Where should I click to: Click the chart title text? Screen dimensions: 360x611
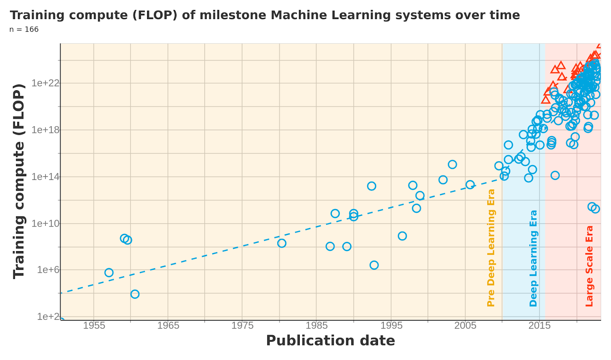[265, 15]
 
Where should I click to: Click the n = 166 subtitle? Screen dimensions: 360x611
[24, 29]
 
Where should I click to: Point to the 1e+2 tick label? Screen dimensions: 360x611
[47, 317]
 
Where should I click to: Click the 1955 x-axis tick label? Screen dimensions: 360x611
[94, 326]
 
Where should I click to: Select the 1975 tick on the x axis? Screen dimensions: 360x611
[242, 326]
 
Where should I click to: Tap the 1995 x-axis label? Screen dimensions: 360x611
[391, 326]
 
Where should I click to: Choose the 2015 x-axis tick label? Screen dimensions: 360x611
[539, 326]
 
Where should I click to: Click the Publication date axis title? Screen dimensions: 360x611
[330, 341]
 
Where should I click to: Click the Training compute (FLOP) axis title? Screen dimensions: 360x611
[19, 181]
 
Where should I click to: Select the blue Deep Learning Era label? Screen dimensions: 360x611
[533, 258]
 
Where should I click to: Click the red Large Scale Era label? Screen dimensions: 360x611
[590, 266]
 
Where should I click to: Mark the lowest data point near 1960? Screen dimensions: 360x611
[135, 294]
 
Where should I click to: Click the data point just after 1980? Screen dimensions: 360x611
[282, 243]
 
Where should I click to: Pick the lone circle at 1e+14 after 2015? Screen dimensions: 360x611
[555, 175]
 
